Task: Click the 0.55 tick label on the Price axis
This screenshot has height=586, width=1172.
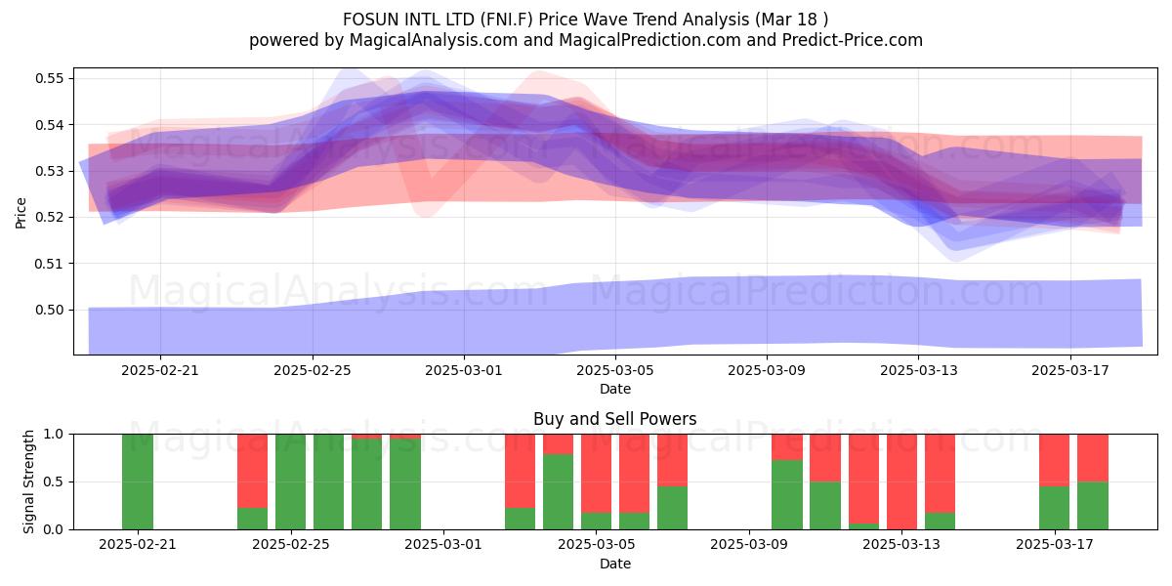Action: (x=49, y=78)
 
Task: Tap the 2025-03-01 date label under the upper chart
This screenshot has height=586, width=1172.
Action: (x=464, y=370)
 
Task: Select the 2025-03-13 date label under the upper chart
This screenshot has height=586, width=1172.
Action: (x=919, y=370)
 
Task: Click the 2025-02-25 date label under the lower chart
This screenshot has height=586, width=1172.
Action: (x=291, y=544)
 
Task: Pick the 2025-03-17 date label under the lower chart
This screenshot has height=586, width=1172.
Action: (x=1055, y=544)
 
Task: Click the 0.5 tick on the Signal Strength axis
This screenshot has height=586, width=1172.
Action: (x=53, y=481)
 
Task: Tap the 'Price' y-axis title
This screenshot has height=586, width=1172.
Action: (x=21, y=213)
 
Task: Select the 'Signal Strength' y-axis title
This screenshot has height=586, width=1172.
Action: (x=28, y=481)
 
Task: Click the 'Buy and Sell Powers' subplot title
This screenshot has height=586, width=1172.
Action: (x=614, y=419)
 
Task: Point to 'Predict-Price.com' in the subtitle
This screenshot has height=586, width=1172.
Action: (x=853, y=40)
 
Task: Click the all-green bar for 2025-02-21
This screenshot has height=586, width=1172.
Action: (x=138, y=481)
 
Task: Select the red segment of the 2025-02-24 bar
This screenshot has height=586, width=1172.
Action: (x=252, y=471)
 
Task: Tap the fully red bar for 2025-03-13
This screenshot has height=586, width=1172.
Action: (x=902, y=481)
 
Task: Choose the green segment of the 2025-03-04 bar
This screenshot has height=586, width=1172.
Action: (x=559, y=492)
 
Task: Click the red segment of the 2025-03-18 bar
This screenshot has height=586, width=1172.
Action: (x=1093, y=458)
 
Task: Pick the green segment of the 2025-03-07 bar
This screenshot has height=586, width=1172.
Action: (x=672, y=508)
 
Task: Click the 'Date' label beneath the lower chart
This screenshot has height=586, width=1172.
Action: (x=614, y=565)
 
